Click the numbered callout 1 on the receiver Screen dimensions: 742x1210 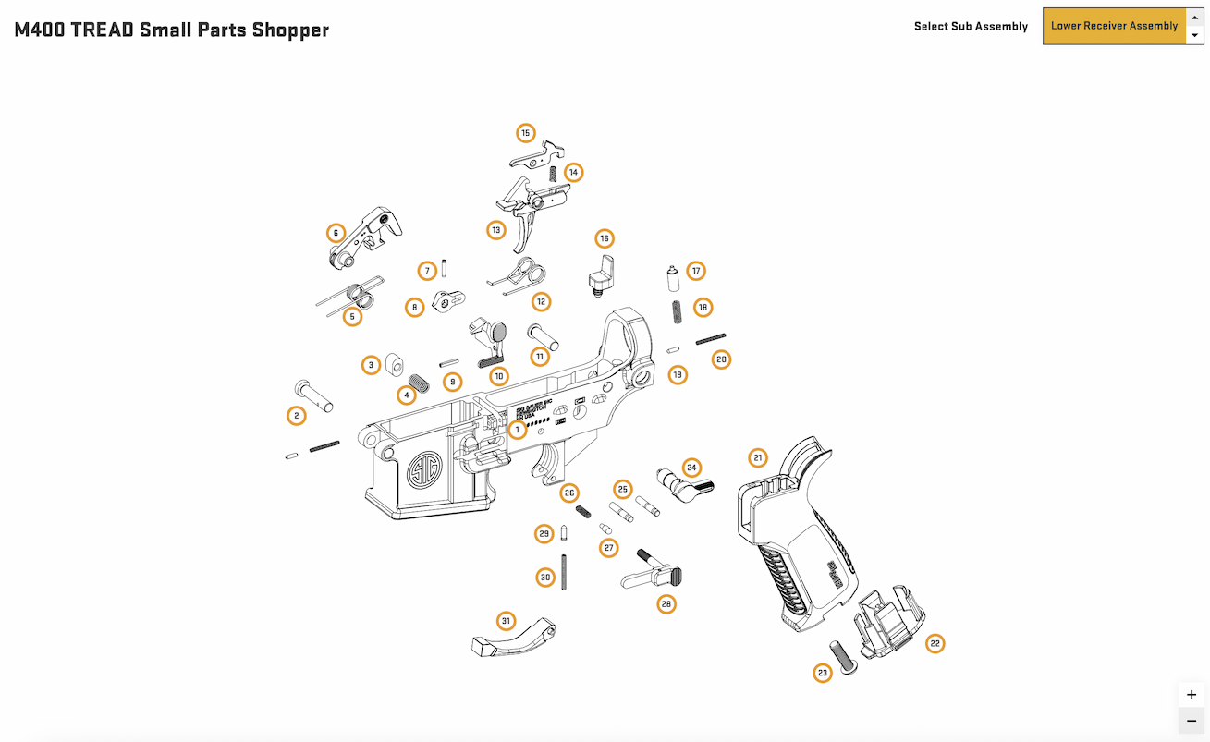pyautogui.click(x=518, y=430)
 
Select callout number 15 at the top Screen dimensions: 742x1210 pyautogui.click(x=526, y=133)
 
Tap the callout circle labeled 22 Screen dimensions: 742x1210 pyautogui.click(x=935, y=643)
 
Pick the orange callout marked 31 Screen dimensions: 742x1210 pyautogui.click(x=506, y=620)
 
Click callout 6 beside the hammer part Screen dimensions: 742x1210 pyautogui.click(x=336, y=233)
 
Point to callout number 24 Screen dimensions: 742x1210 pyautogui.click(x=691, y=468)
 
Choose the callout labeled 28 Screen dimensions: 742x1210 pyautogui.click(x=666, y=604)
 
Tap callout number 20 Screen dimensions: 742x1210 pyautogui.click(x=721, y=359)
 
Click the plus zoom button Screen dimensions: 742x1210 pyautogui.click(x=1191, y=695)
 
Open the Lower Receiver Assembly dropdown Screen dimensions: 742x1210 pyautogui.click(x=1115, y=26)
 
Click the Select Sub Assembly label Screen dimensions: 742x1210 pyautogui.click(x=971, y=26)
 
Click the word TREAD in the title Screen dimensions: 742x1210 pyautogui.click(x=101, y=30)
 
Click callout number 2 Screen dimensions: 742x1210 pyautogui.click(x=296, y=416)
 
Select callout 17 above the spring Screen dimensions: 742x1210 pyautogui.click(x=696, y=271)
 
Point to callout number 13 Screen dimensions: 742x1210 pyautogui.click(x=496, y=229)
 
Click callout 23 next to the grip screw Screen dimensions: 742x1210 pyautogui.click(x=823, y=673)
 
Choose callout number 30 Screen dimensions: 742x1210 pyautogui.click(x=545, y=578)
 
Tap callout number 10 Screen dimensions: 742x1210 pyautogui.click(x=499, y=376)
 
